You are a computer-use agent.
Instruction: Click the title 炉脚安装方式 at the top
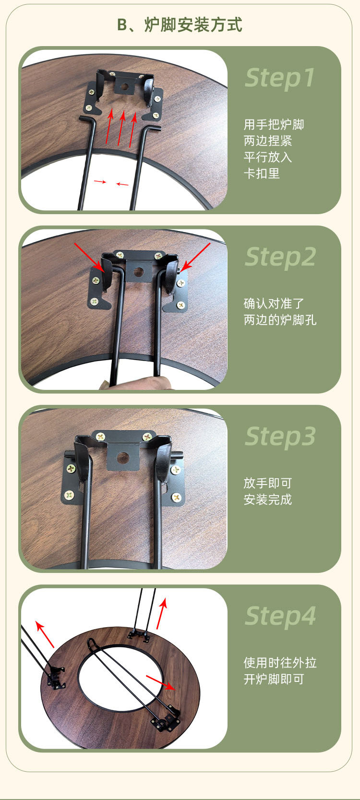click(x=193, y=25)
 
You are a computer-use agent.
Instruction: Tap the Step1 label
click(x=280, y=78)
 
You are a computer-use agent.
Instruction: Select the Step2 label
click(x=280, y=257)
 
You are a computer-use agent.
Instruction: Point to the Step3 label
click(x=280, y=436)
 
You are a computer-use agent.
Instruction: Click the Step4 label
click(x=280, y=616)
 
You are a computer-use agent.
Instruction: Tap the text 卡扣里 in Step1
click(x=262, y=173)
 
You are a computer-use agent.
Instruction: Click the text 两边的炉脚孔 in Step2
click(x=280, y=320)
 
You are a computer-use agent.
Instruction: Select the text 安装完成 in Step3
click(x=267, y=499)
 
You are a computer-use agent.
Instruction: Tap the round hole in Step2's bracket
click(x=139, y=272)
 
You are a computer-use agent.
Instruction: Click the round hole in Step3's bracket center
click(x=123, y=458)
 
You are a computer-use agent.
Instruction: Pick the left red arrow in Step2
click(x=89, y=256)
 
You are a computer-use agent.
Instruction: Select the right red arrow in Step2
click(x=196, y=256)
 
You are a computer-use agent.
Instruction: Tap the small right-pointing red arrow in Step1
click(x=100, y=182)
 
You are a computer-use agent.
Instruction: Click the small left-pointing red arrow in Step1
click(x=122, y=184)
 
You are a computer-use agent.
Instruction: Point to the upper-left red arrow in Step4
click(x=45, y=634)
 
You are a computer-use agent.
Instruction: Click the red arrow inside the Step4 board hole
click(x=160, y=682)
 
